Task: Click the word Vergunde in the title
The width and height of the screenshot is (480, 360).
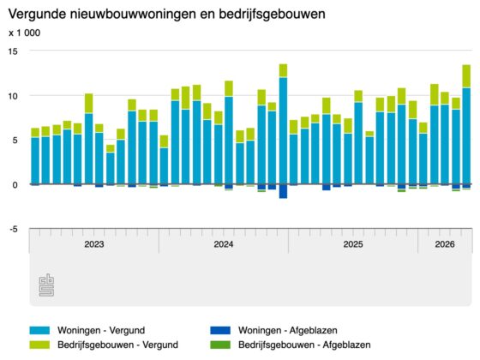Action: [x=37, y=15]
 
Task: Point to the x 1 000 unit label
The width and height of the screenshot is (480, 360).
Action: [x=25, y=33]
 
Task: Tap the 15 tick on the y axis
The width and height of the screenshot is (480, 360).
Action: [x=13, y=51]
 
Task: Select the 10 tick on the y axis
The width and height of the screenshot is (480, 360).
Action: [x=13, y=96]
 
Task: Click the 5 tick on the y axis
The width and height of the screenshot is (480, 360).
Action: [x=15, y=141]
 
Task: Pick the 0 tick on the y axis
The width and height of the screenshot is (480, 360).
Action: [x=15, y=184]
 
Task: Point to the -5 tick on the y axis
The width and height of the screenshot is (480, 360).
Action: [x=14, y=230]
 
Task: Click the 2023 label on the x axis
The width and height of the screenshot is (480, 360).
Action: [x=94, y=244]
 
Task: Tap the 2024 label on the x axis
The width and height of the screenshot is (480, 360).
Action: [x=224, y=244]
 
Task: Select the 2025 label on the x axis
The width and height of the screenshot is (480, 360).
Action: [x=353, y=244]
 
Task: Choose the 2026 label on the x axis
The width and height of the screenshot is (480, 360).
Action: [x=445, y=244]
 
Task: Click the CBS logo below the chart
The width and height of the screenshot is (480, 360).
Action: [x=46, y=285]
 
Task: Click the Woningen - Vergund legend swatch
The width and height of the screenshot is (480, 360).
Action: [x=39, y=330]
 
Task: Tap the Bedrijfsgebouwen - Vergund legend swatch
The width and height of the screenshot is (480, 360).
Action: [x=39, y=345]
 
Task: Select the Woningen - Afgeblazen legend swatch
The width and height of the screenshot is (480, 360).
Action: [x=220, y=330]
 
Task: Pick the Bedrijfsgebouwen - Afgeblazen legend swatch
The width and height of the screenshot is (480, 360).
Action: [x=220, y=345]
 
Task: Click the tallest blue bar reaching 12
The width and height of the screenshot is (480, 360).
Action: [x=283, y=130]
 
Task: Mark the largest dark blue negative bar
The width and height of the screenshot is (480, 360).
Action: [x=283, y=191]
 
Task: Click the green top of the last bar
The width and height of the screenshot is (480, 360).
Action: [x=466, y=76]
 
